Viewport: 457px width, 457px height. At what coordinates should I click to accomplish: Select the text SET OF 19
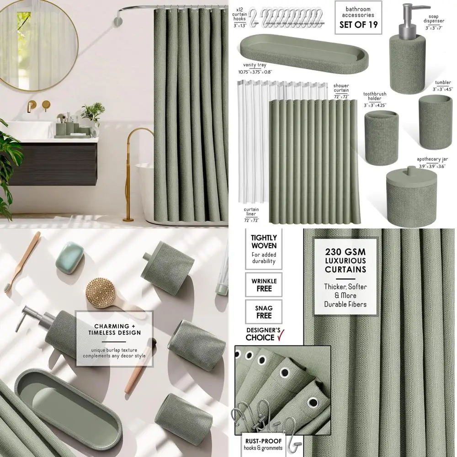coord(359,25)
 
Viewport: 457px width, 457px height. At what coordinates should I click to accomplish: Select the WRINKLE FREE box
coord(264,285)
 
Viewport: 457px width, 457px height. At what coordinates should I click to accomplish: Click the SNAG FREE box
coord(264,312)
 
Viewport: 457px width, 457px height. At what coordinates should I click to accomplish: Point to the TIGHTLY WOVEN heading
coord(264,241)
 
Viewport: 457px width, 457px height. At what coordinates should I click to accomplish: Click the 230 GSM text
coord(345,251)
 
